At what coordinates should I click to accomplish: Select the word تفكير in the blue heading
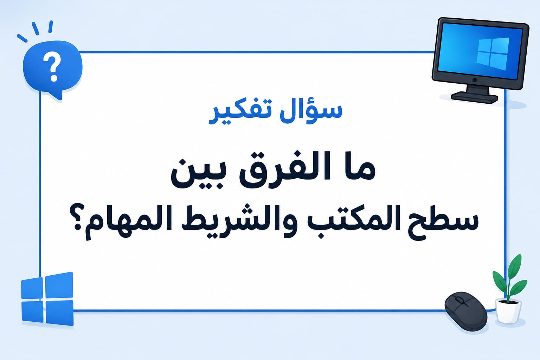tap(240, 113)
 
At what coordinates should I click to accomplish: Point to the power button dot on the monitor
tap(474, 80)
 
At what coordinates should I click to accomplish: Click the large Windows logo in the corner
tap(47, 298)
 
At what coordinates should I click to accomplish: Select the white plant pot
tap(508, 311)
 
